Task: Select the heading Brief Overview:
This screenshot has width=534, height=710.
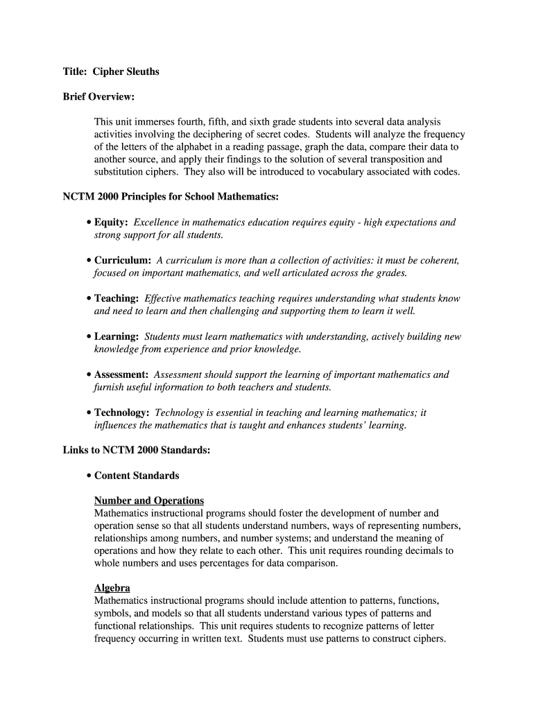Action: [x=98, y=96]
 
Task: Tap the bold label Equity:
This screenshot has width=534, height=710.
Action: [x=111, y=223]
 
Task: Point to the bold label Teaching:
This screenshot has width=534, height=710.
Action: [x=117, y=299]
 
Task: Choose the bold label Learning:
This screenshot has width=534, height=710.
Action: [x=117, y=337]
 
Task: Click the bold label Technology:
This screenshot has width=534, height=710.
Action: [x=121, y=413]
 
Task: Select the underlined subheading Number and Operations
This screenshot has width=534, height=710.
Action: [x=149, y=501]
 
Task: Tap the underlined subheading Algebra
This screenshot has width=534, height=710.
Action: [x=112, y=588]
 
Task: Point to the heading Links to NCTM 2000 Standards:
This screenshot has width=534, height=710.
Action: [x=137, y=451]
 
